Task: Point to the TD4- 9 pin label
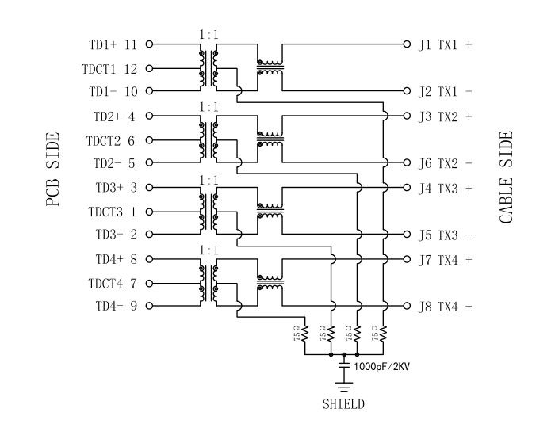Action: [x=115, y=306]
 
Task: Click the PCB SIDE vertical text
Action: [x=53, y=170]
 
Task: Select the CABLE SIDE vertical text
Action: [x=507, y=176]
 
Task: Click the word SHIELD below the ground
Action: [x=343, y=404]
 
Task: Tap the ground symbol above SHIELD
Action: [x=343, y=387]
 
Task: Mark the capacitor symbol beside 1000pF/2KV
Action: [x=343, y=366]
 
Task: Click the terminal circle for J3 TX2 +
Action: [x=408, y=116]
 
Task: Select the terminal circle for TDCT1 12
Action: [x=148, y=69]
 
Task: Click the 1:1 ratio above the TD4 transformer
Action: [x=209, y=250]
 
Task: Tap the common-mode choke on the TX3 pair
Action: [x=270, y=212]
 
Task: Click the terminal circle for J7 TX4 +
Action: [x=408, y=259]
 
